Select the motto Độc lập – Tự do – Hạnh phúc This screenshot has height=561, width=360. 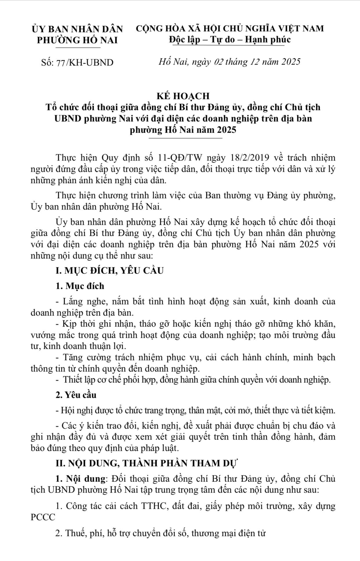230,40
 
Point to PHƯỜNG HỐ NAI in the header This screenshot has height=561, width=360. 77,40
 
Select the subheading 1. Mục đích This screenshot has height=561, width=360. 80,286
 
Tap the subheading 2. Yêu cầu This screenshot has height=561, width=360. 76,395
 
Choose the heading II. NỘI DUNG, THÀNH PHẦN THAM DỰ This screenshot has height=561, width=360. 146,463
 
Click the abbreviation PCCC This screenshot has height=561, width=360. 43,518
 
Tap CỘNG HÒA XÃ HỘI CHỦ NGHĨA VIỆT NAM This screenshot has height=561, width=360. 230,28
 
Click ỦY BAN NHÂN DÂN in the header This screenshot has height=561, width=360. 77,29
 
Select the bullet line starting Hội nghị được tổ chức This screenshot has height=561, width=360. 196,410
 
